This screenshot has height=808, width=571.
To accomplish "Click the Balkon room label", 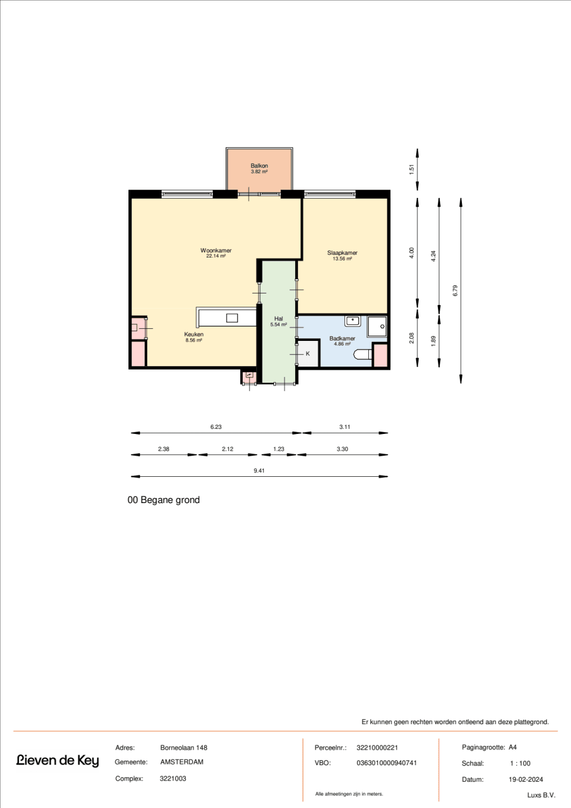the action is (x=259, y=166).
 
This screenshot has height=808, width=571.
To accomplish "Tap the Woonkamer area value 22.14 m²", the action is (x=216, y=256).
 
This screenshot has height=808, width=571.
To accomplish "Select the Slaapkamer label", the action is (x=342, y=253).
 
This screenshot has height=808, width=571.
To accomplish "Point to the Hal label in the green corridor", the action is (x=279, y=319).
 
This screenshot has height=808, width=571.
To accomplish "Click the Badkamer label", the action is (x=342, y=339).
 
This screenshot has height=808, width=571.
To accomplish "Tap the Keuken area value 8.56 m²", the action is (x=194, y=340).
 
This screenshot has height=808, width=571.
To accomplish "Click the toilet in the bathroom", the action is (x=363, y=354).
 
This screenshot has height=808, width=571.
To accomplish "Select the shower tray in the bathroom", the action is (x=377, y=327).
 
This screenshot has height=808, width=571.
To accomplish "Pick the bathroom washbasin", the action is (x=352, y=321).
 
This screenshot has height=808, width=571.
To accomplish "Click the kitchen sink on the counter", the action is (x=232, y=318).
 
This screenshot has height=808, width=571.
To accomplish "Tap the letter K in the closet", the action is (x=308, y=353).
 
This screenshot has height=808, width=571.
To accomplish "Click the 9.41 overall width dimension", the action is (x=259, y=471).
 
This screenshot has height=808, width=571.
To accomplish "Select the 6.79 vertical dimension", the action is (x=455, y=291).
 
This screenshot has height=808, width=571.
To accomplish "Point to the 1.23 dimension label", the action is (x=279, y=449).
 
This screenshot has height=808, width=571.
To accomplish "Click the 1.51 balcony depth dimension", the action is (x=412, y=169).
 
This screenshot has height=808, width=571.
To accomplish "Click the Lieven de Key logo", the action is (x=58, y=761).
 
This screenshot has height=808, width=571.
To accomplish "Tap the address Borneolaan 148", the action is (x=184, y=748).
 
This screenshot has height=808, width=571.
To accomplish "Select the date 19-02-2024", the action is (x=525, y=779).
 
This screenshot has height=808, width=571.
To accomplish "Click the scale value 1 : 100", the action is (x=520, y=763).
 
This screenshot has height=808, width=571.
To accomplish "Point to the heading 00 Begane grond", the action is (x=164, y=500).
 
